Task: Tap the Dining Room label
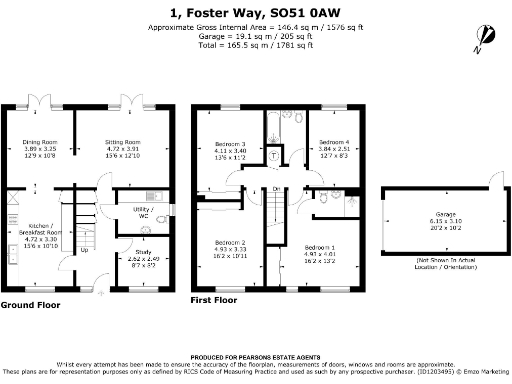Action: (39, 143)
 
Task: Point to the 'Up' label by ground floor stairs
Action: (83, 250)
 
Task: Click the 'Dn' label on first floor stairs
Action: (275, 188)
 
